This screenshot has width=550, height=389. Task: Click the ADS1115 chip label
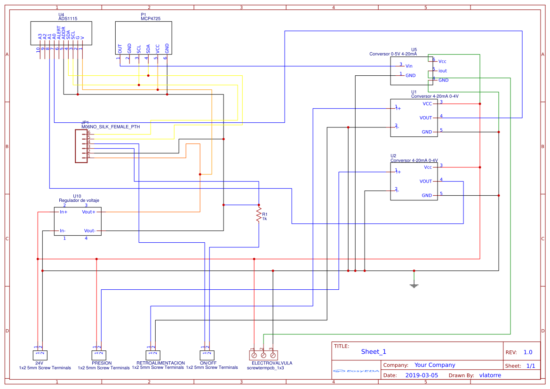click(x=68, y=19)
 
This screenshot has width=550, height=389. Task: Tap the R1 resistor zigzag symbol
click(x=258, y=215)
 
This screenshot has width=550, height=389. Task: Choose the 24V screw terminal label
click(x=40, y=363)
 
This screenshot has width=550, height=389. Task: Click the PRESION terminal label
click(x=102, y=363)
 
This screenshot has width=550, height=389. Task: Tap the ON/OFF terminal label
click(x=208, y=363)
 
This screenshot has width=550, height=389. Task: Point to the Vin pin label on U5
click(x=409, y=66)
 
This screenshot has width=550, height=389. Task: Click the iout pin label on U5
click(x=442, y=71)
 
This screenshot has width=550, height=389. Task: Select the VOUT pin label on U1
click(x=426, y=118)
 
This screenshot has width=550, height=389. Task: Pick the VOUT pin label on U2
click(x=426, y=181)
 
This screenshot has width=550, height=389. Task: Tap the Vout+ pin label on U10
click(x=88, y=212)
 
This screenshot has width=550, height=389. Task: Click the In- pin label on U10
click(x=63, y=230)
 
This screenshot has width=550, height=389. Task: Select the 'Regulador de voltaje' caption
click(x=79, y=200)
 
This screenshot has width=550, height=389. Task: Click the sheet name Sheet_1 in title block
click(x=374, y=351)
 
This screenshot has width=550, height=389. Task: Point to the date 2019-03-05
click(x=421, y=375)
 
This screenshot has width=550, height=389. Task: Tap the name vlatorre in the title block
click(x=490, y=375)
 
